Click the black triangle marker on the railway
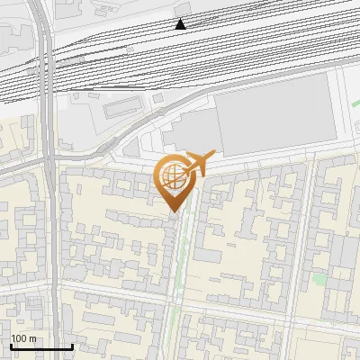[181, 24]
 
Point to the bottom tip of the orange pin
[175, 212]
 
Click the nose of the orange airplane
[213, 154]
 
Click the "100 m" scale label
[23, 338]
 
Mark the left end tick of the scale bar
[11, 346]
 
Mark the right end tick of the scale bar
[72, 346]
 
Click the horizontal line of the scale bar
[41, 347]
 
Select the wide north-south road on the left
[52, 225]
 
